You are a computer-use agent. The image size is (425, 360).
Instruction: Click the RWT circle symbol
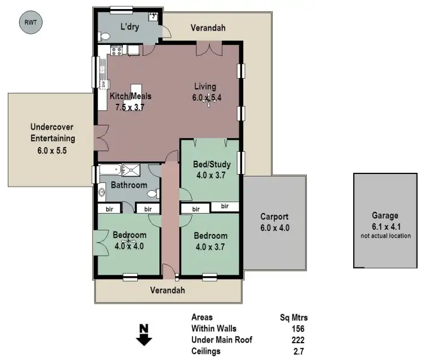click(x=31, y=23)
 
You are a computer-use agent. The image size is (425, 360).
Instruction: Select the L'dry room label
click(x=130, y=27)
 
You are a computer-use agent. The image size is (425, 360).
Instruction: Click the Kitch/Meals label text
click(x=130, y=96)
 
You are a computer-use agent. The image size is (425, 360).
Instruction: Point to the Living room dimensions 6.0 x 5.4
click(x=207, y=98)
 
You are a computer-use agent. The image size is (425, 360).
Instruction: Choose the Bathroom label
click(x=128, y=185)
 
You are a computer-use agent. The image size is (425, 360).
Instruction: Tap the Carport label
click(x=274, y=217)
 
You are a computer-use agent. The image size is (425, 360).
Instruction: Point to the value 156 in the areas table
click(x=298, y=329)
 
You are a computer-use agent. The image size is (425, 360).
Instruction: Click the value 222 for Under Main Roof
click(x=298, y=340)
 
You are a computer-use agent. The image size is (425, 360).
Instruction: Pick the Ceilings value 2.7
click(x=298, y=351)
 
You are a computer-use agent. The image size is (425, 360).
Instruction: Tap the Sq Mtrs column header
click(x=294, y=317)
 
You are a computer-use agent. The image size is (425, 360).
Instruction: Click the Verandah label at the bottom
click(x=167, y=290)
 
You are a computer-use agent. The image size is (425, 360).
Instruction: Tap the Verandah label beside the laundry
click(x=207, y=28)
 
